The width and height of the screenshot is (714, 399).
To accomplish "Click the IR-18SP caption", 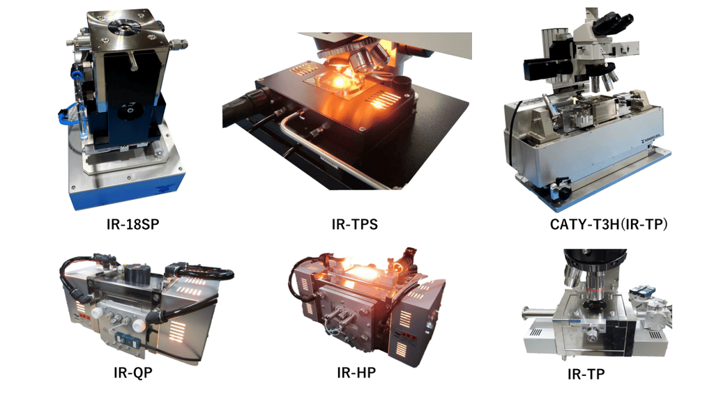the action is pos(132,224).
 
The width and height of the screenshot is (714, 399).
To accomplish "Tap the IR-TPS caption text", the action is pos(355,224).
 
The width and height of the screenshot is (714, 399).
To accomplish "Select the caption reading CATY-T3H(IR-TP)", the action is pos(609,224).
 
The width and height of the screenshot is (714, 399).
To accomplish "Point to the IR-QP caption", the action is pos(133,373).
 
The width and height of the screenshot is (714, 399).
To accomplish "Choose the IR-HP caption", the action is pos(356,373).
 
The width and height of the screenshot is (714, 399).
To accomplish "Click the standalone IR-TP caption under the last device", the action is pos(586,374).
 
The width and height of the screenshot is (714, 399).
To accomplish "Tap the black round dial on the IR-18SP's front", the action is pos(128,111).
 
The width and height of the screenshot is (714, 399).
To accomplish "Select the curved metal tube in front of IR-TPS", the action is pos(319,146).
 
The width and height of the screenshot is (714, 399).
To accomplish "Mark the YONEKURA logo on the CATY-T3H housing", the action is pos(652,136).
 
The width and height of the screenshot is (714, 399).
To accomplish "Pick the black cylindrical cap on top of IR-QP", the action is pos(134,273).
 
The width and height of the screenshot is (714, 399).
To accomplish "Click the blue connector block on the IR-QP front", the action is pos(124,338).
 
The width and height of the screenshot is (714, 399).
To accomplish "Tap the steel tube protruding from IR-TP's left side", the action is pos(538,313).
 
